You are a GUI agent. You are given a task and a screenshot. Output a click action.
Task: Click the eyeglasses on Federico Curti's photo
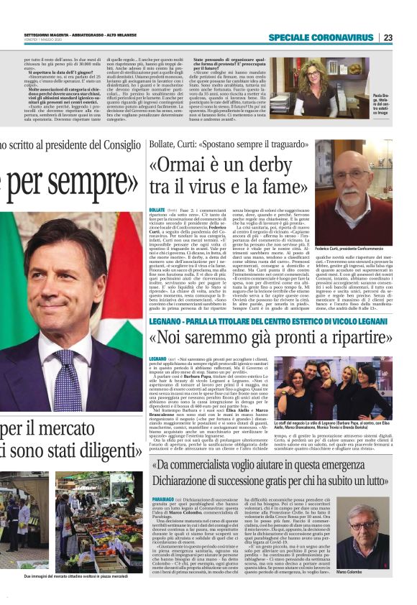[x=351, y=175]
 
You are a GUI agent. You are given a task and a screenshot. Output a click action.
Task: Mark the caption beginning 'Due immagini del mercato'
[x=69, y=596]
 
